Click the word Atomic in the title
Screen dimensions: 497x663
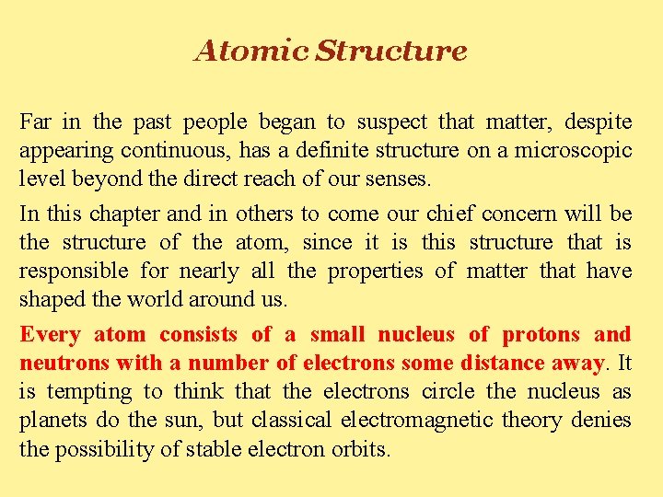250,51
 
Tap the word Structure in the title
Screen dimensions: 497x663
390,51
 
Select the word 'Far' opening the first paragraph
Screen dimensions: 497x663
35,121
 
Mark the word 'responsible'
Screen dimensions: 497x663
74,272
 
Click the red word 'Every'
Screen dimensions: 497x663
50,334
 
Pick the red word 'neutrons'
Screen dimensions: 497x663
57,363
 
